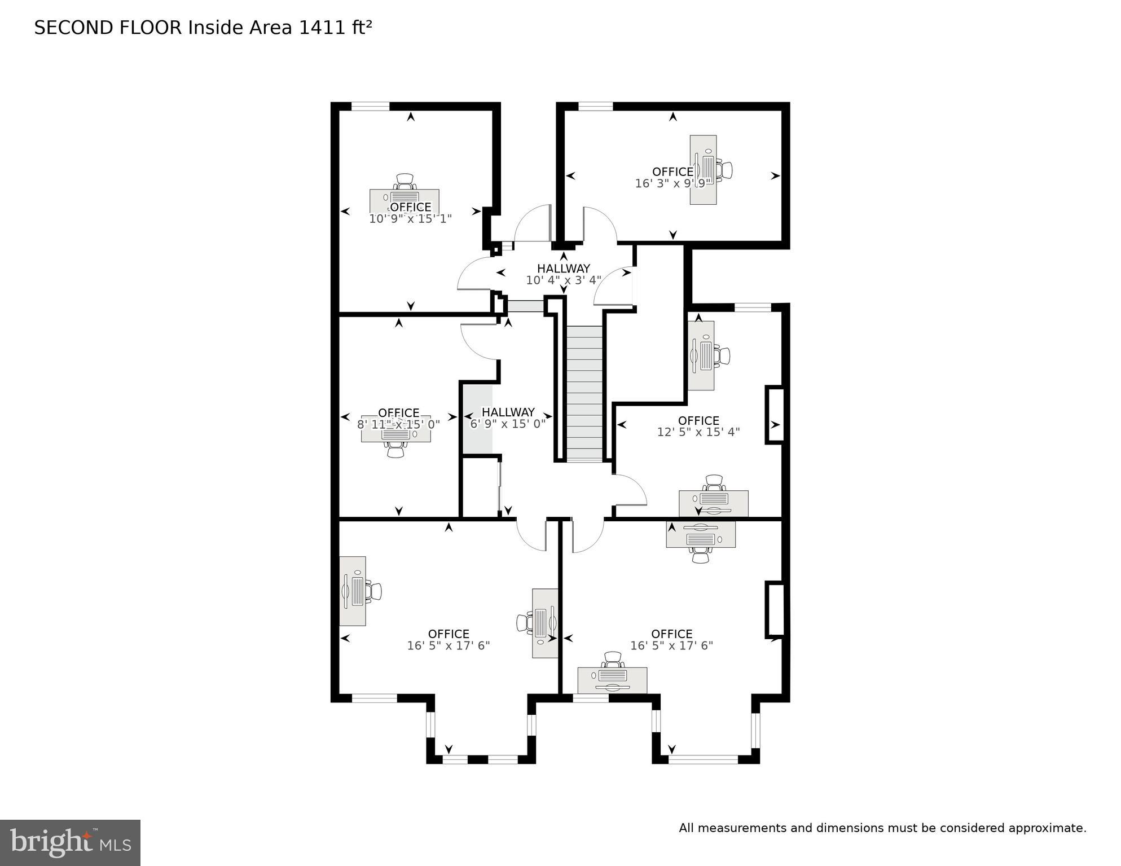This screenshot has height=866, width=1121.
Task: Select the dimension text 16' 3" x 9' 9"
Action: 672,183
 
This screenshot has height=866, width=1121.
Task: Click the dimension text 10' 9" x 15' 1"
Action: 410,219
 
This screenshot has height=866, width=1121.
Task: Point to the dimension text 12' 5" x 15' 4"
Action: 698,432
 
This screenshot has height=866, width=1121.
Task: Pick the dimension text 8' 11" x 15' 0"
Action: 398,424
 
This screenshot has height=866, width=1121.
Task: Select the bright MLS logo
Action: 70,842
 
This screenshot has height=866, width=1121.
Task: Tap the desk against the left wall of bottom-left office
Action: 353,591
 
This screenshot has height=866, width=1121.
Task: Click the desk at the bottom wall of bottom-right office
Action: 612,680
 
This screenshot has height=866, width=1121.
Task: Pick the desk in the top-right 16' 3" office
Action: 704,169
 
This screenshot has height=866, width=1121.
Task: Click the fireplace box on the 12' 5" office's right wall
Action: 775,415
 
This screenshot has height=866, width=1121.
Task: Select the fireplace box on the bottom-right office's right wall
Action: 775,609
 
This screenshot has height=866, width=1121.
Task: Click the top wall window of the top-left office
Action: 371,105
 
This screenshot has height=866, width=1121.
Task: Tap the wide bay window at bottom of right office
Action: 703,759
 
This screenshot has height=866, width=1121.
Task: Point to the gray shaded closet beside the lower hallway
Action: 477,419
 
